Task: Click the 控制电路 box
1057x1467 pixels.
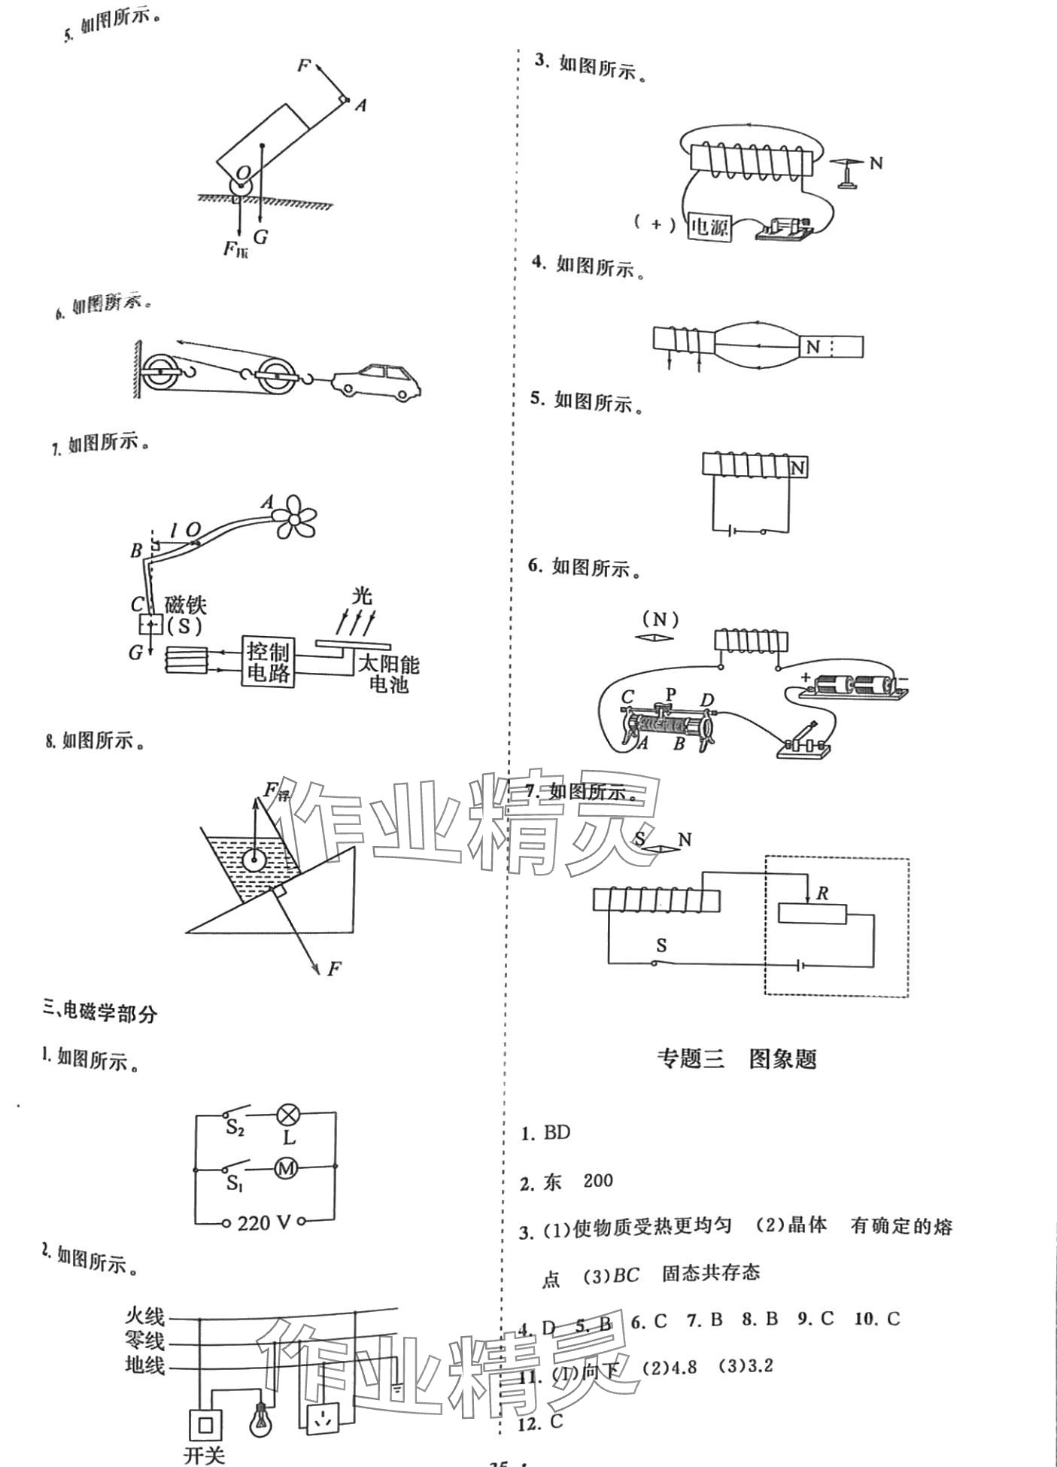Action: pos(268,662)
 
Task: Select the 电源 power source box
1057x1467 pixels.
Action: pos(709,226)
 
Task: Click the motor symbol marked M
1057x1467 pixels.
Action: pos(286,1168)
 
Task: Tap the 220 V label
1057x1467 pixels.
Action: pos(264,1222)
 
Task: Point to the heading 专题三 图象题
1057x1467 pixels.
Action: pos(736,1059)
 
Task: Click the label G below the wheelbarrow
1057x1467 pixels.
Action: pos(260,237)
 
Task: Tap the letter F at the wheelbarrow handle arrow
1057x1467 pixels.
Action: pos(303,66)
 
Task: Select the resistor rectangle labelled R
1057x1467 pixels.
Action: pos(812,914)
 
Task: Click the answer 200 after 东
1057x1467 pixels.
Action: pos(598,1180)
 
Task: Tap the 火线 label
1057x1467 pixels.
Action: pos(144,1316)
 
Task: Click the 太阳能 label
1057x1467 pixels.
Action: pos(388,665)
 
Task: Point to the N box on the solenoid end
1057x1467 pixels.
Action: pos(797,468)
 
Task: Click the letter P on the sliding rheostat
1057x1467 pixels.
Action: pos(670,692)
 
